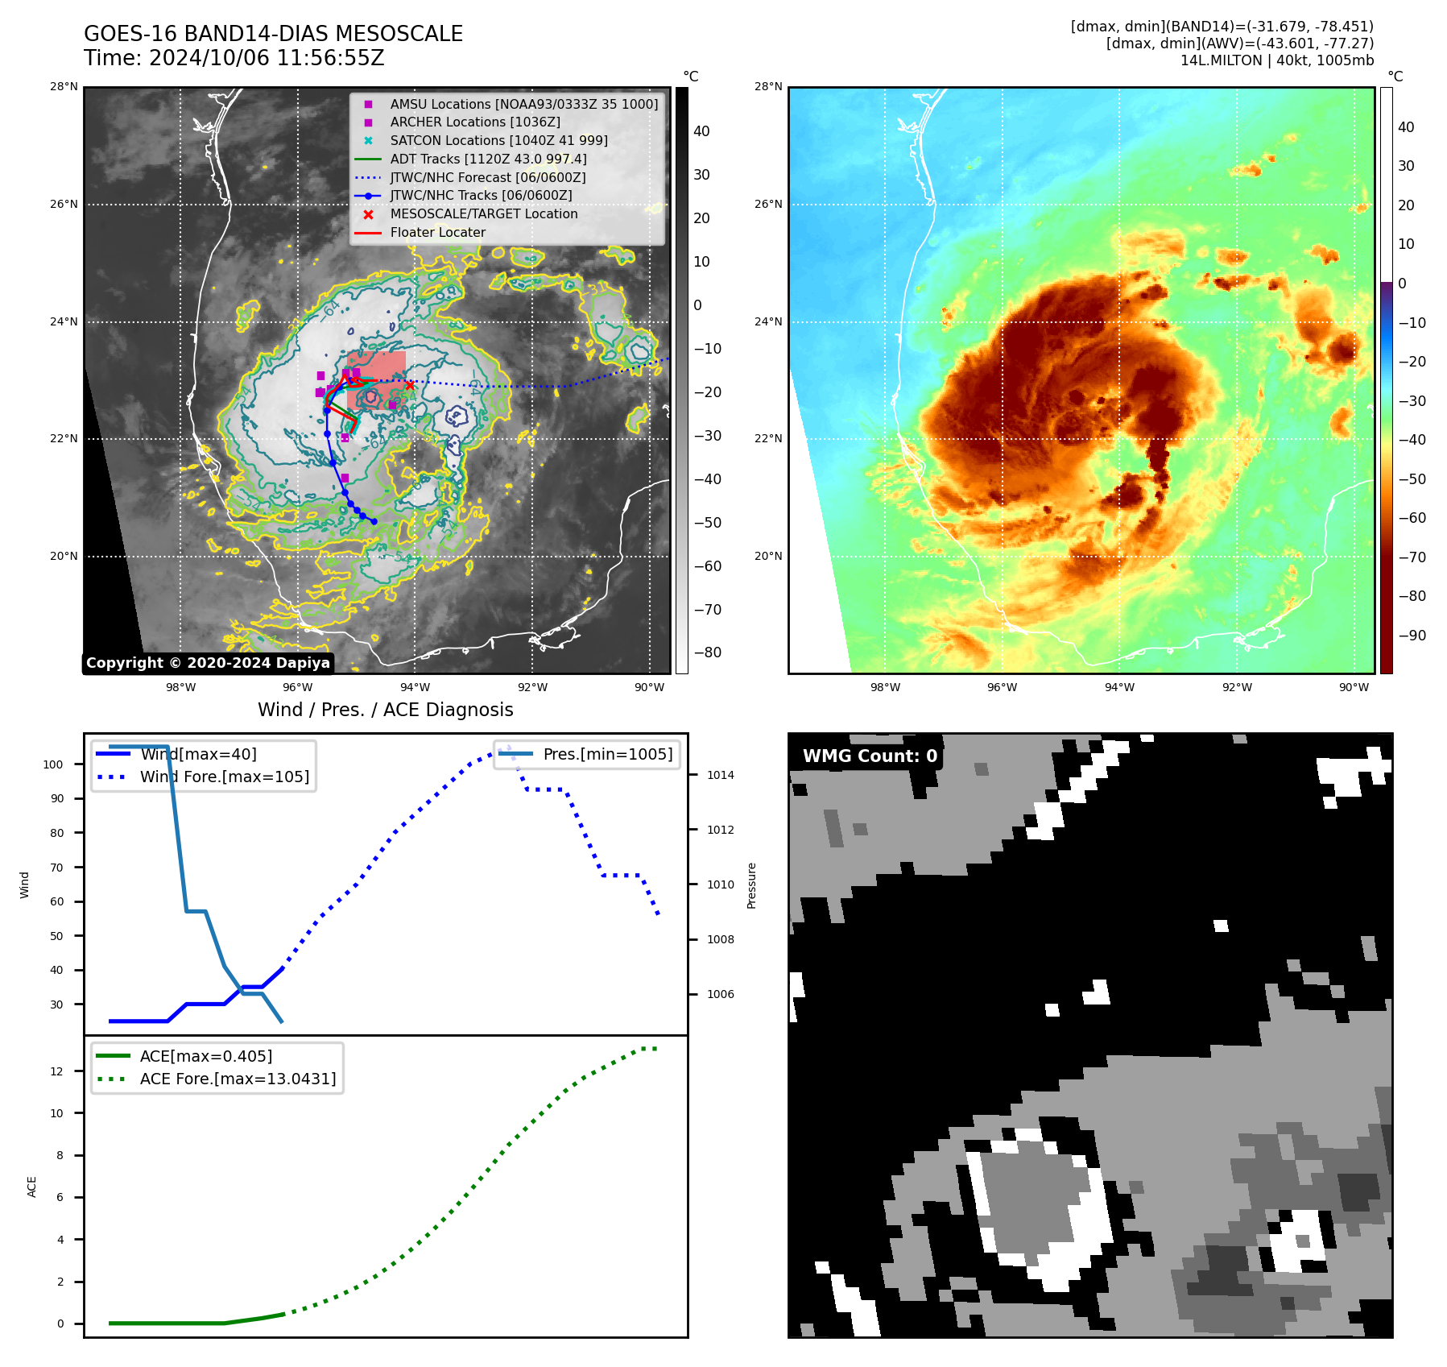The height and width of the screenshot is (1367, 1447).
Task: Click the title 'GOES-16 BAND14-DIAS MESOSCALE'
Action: point(273,34)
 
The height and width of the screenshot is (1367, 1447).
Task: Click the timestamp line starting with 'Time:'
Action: point(234,58)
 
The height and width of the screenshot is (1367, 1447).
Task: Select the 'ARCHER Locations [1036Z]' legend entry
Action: point(474,122)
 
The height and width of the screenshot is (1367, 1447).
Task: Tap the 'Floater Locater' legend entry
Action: point(437,233)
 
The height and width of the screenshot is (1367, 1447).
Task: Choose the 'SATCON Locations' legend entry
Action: point(498,140)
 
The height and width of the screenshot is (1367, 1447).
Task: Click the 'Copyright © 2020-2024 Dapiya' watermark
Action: point(208,663)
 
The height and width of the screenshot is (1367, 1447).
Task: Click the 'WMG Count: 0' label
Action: point(870,756)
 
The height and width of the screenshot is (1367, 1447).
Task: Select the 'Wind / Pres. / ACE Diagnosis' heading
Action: point(385,710)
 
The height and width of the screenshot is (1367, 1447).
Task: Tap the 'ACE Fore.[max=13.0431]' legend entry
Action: point(238,1079)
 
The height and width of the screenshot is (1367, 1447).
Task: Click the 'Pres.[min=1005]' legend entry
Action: point(607,754)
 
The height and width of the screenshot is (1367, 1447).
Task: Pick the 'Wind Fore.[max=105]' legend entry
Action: point(224,777)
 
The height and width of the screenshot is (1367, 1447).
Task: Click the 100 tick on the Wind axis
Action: point(53,764)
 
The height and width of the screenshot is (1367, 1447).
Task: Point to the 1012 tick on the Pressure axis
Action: point(720,830)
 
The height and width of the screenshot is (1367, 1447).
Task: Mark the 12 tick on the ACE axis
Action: point(56,1071)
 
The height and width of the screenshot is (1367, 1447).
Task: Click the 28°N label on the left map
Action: point(64,87)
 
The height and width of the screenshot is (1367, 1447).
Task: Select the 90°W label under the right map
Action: point(1354,687)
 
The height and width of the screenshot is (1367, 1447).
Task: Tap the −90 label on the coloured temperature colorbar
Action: point(1412,636)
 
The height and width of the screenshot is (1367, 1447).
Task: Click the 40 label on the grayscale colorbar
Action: point(701,131)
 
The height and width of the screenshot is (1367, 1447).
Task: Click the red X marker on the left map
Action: point(410,385)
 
